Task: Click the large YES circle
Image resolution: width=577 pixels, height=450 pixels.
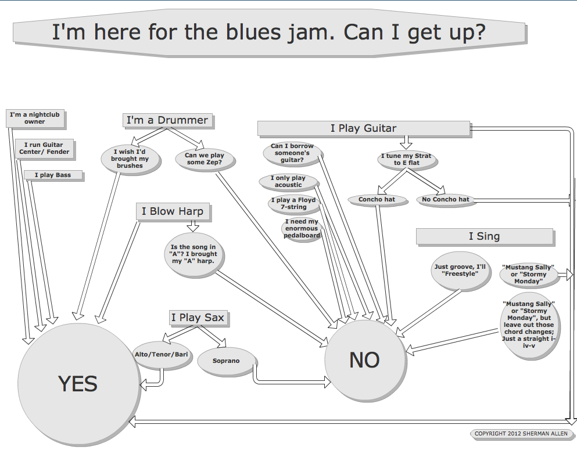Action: coord(77,383)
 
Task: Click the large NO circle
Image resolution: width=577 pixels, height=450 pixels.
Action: coord(364,360)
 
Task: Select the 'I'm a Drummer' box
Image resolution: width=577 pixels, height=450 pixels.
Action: coord(167,120)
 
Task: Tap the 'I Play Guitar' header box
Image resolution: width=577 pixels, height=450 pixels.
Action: coord(363,128)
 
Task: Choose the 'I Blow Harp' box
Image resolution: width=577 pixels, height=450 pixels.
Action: coord(172,211)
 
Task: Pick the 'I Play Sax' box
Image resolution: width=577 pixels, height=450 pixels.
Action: coord(198,318)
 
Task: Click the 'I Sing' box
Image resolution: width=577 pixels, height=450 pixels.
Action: coord(484,236)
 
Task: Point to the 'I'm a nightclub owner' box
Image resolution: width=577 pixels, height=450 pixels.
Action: coord(35,118)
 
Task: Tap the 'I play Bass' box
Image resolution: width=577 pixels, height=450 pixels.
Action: coord(53,175)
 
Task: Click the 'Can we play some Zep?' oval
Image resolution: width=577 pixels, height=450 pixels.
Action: coord(204,159)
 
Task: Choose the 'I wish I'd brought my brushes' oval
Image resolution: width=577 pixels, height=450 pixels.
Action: coord(130,159)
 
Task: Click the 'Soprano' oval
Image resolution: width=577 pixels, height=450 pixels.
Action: coord(226,361)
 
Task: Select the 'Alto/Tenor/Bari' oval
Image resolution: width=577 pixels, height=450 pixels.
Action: coord(160,353)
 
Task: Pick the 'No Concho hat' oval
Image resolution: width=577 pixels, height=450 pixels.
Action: coord(446,199)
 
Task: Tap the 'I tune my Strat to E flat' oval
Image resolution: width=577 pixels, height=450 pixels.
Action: coord(406,160)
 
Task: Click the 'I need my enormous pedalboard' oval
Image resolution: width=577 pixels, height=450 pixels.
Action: coord(302,228)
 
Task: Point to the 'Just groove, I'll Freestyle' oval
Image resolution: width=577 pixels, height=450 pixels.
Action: coord(459,271)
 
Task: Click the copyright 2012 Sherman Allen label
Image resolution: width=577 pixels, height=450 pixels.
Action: coord(521,434)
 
